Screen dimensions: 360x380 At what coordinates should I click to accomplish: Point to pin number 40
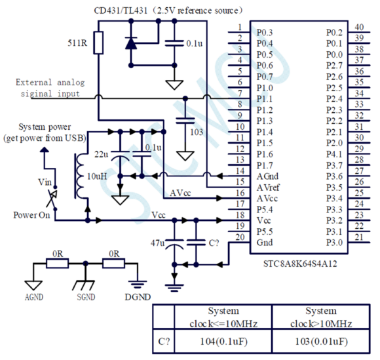(x=358, y=27)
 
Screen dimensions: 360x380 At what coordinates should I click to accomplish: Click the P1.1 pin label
(x=265, y=98)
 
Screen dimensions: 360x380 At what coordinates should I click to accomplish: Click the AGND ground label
(x=33, y=296)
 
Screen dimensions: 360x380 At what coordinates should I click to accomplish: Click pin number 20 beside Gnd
(x=240, y=237)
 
